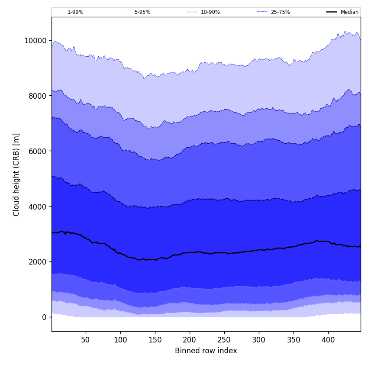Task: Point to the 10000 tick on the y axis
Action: (36, 41)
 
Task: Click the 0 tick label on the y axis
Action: (44, 317)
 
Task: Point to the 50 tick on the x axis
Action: (86, 340)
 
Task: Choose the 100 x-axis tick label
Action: (120, 340)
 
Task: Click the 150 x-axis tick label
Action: (155, 340)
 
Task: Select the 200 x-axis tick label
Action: (190, 340)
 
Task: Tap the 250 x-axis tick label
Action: (224, 340)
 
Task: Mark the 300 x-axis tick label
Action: (259, 340)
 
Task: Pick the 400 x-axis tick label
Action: (328, 340)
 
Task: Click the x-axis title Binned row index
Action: (206, 351)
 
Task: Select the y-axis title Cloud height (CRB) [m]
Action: (16, 174)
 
